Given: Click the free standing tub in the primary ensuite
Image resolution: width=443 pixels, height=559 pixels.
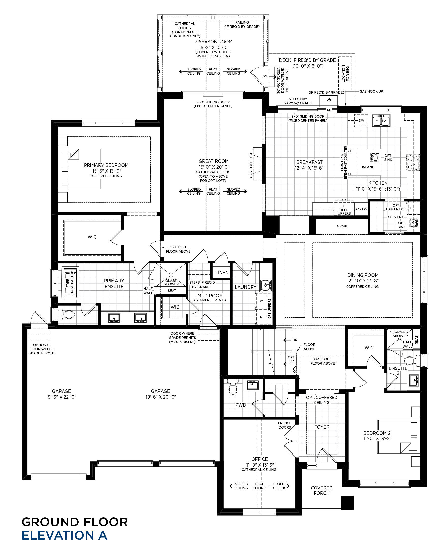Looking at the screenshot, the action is (70, 283).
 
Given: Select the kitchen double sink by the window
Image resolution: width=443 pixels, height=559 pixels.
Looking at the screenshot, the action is (381, 120).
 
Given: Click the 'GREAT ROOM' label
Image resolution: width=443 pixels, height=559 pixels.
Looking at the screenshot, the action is (214, 161).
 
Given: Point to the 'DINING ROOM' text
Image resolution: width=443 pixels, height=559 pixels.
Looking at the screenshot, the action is (363, 275).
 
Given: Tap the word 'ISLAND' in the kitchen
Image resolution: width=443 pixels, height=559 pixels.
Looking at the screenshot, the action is (368, 167).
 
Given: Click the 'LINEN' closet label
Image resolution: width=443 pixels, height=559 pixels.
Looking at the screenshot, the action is (222, 272).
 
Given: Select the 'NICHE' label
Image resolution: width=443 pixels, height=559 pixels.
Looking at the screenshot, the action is (342, 226).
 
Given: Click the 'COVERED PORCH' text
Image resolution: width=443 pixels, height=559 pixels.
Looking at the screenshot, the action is (321, 490).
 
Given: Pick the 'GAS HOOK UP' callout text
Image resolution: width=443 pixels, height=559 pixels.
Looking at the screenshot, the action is (371, 91).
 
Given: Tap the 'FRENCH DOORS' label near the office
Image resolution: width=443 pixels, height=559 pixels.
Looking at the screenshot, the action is (285, 425).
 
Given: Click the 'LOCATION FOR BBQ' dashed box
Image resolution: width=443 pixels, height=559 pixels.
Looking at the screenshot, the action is (345, 73).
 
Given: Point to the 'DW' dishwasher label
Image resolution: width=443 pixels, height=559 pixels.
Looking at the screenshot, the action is (361, 120).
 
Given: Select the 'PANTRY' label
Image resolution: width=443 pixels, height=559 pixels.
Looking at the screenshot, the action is (361, 209).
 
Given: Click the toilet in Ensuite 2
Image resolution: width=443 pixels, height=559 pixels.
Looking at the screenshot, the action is (412, 361).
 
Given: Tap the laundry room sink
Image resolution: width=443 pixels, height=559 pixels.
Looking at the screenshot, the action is (266, 285).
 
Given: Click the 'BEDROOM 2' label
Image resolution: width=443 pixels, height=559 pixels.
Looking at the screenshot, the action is (377, 433).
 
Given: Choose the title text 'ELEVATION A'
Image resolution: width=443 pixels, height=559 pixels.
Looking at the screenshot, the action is (64, 535).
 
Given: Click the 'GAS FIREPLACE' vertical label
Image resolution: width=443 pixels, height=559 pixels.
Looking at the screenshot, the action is (251, 165).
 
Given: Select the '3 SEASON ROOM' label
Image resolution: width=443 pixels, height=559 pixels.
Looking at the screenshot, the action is (214, 42).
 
